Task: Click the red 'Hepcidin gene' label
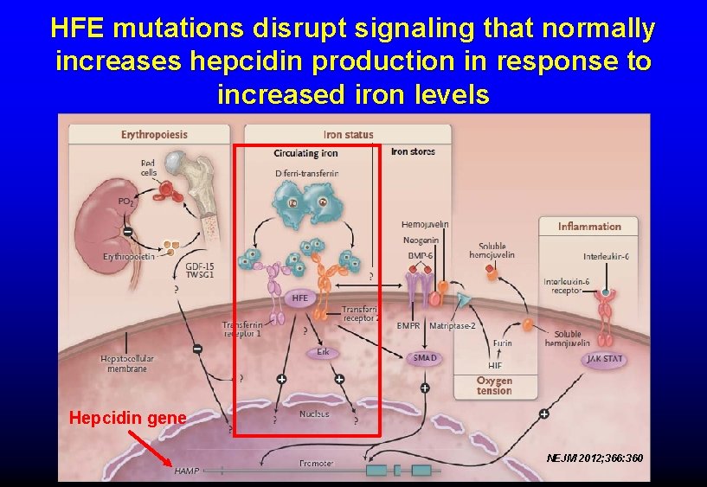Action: coord(127,418)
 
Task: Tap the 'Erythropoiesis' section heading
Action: coord(154,135)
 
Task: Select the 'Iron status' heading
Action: coord(348,135)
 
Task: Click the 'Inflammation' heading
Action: coord(589,227)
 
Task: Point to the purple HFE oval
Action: coord(299,298)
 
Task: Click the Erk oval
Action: coord(322,352)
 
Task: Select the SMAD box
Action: coord(425,357)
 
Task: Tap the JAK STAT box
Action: coord(603,358)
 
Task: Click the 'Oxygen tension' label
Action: coord(494,386)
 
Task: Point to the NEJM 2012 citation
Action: coord(595,457)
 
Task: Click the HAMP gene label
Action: coord(186,471)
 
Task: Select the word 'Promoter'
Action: coord(316,464)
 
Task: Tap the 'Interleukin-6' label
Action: coord(606,256)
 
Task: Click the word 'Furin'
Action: coord(503,343)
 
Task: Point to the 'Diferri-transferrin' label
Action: coord(306,173)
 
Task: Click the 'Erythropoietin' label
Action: coord(130,257)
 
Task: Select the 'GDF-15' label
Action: coord(200,266)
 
